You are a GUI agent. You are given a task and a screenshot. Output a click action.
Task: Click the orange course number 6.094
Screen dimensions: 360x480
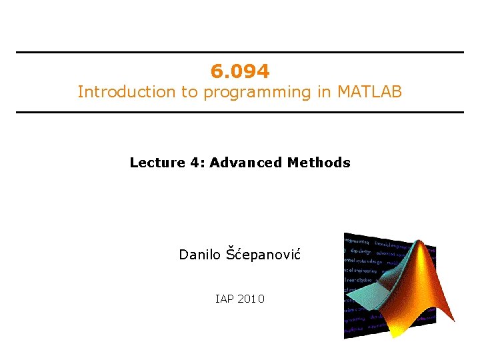[240, 71]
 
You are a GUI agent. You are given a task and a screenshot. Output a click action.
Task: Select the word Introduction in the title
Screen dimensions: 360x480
[127, 92]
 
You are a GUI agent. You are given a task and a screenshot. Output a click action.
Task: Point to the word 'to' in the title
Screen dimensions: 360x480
[189, 92]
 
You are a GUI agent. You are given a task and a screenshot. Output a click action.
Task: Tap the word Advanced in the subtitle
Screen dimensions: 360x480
[246, 163]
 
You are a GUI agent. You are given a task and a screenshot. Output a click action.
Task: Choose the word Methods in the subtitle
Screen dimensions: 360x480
[319, 163]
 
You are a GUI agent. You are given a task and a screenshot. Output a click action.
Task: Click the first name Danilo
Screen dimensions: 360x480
[199, 255]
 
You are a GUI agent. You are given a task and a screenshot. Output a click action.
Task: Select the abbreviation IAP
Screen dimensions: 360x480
[225, 299]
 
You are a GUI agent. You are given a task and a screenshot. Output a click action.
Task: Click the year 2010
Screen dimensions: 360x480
[251, 299]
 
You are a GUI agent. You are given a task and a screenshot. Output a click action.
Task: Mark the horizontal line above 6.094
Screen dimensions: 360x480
[240, 53]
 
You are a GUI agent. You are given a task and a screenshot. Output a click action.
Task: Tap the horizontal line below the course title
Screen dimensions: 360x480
[240, 112]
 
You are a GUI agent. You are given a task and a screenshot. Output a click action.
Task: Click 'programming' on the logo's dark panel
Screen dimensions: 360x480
[357, 241]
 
